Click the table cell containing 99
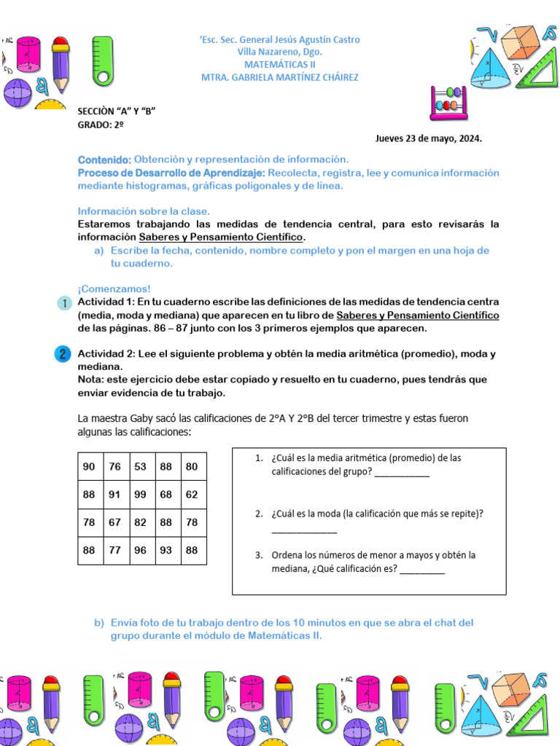[x=141, y=495]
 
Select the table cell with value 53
[x=141, y=466]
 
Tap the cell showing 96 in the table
[x=141, y=551]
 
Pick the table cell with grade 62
[x=192, y=495]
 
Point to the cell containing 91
[x=115, y=495]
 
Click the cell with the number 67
[x=115, y=522]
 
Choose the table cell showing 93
[x=166, y=551]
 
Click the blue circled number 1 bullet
[x=63, y=302]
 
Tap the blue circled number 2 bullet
[x=63, y=355]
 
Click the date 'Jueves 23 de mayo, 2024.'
[x=429, y=138]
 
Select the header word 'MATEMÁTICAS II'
[x=280, y=64]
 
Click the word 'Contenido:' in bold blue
[x=104, y=160]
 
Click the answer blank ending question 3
[x=422, y=570]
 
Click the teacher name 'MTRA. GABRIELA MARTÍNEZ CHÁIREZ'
[x=280, y=77]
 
